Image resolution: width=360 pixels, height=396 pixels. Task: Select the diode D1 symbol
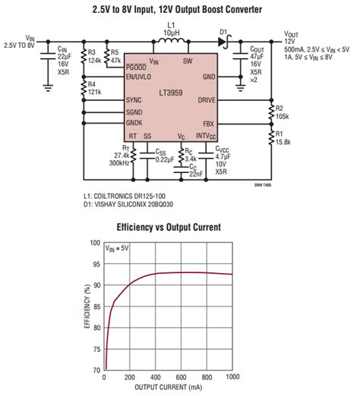tap(223, 41)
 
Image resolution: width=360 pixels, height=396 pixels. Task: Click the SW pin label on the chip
tap(188, 60)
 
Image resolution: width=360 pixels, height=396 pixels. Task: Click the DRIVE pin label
tap(207, 99)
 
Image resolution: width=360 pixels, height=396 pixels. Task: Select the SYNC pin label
tap(134, 99)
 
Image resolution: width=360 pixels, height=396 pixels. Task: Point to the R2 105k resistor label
tap(283, 112)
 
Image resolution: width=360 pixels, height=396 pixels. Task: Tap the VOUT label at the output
tap(291, 34)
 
